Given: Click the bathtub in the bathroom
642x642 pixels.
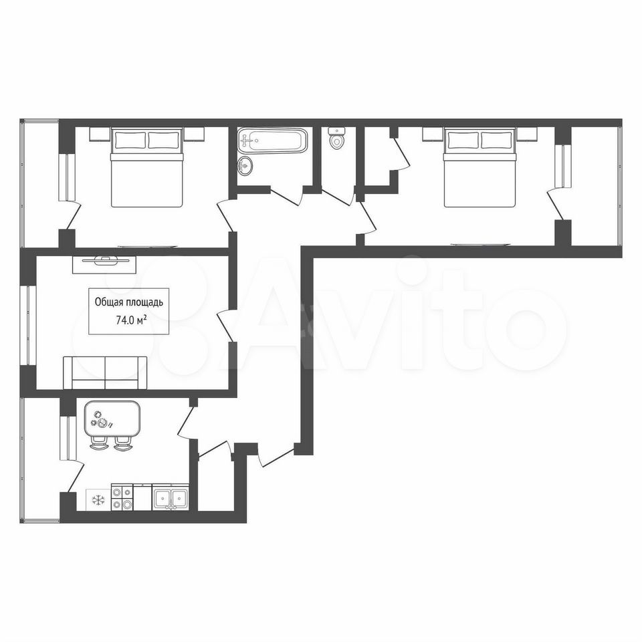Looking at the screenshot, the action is [272, 140].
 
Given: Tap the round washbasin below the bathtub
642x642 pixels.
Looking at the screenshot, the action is [245, 166].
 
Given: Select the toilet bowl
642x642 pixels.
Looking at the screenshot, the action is [337, 138].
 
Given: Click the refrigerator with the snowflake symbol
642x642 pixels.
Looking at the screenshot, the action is [98, 500].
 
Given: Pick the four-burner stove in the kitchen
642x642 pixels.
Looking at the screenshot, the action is [122, 497].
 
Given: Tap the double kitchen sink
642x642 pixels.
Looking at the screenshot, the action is [171, 497].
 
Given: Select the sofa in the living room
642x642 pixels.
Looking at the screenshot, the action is [105, 372].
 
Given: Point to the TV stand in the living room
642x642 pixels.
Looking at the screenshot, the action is [104, 265].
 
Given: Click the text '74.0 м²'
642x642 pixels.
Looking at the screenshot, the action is [132, 320].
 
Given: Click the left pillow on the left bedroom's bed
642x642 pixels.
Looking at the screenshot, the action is [130, 140].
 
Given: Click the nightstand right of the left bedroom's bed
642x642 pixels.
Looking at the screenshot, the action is [194, 134].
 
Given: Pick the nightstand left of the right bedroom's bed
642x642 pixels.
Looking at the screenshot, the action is [433, 134].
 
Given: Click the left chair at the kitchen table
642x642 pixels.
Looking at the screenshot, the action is [99, 443].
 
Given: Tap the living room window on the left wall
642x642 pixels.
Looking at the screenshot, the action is [28, 325].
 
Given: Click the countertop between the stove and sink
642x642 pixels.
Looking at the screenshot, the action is [143, 497].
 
